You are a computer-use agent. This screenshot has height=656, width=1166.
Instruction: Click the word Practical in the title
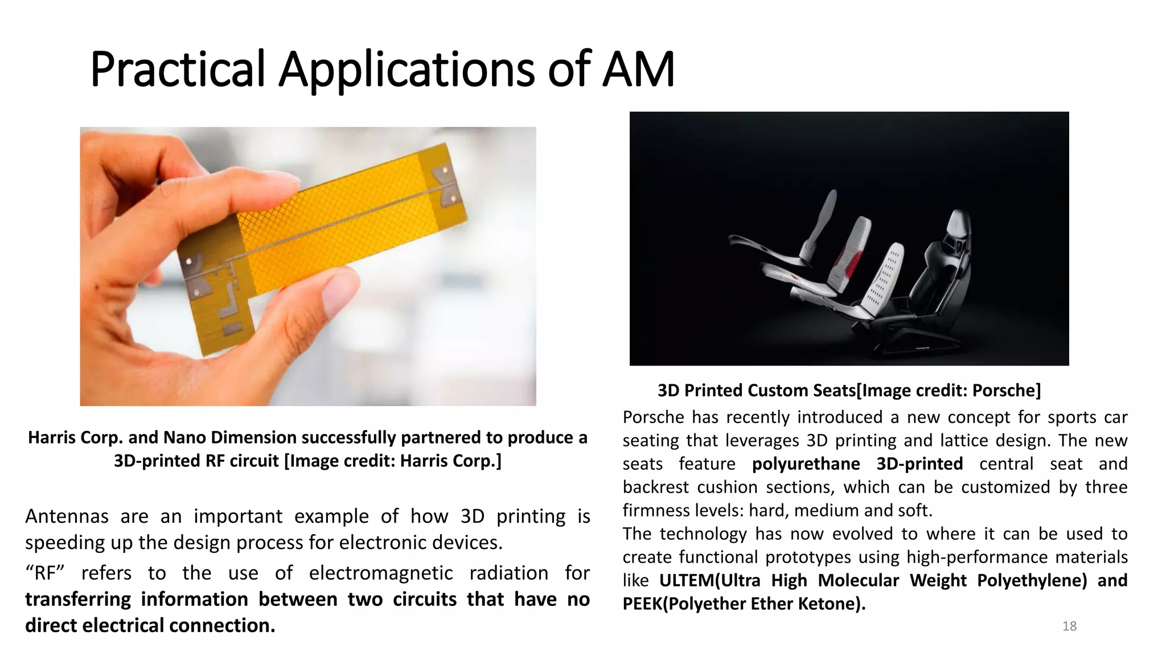tap(177, 69)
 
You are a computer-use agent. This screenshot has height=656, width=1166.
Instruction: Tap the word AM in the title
tap(638, 69)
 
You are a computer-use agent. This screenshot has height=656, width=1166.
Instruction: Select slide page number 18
tap(1069, 626)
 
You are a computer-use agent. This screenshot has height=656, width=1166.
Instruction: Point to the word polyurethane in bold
tap(806, 464)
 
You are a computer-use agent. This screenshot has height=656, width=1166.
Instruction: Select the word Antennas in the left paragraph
tap(67, 516)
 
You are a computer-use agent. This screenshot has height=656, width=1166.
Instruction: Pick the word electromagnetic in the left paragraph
tap(381, 573)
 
